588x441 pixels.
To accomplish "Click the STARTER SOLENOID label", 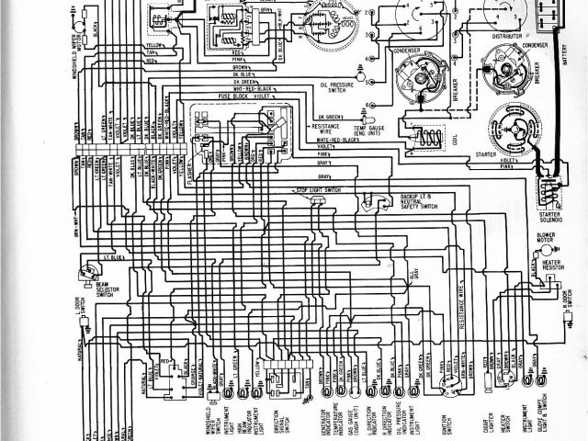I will (550, 218).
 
